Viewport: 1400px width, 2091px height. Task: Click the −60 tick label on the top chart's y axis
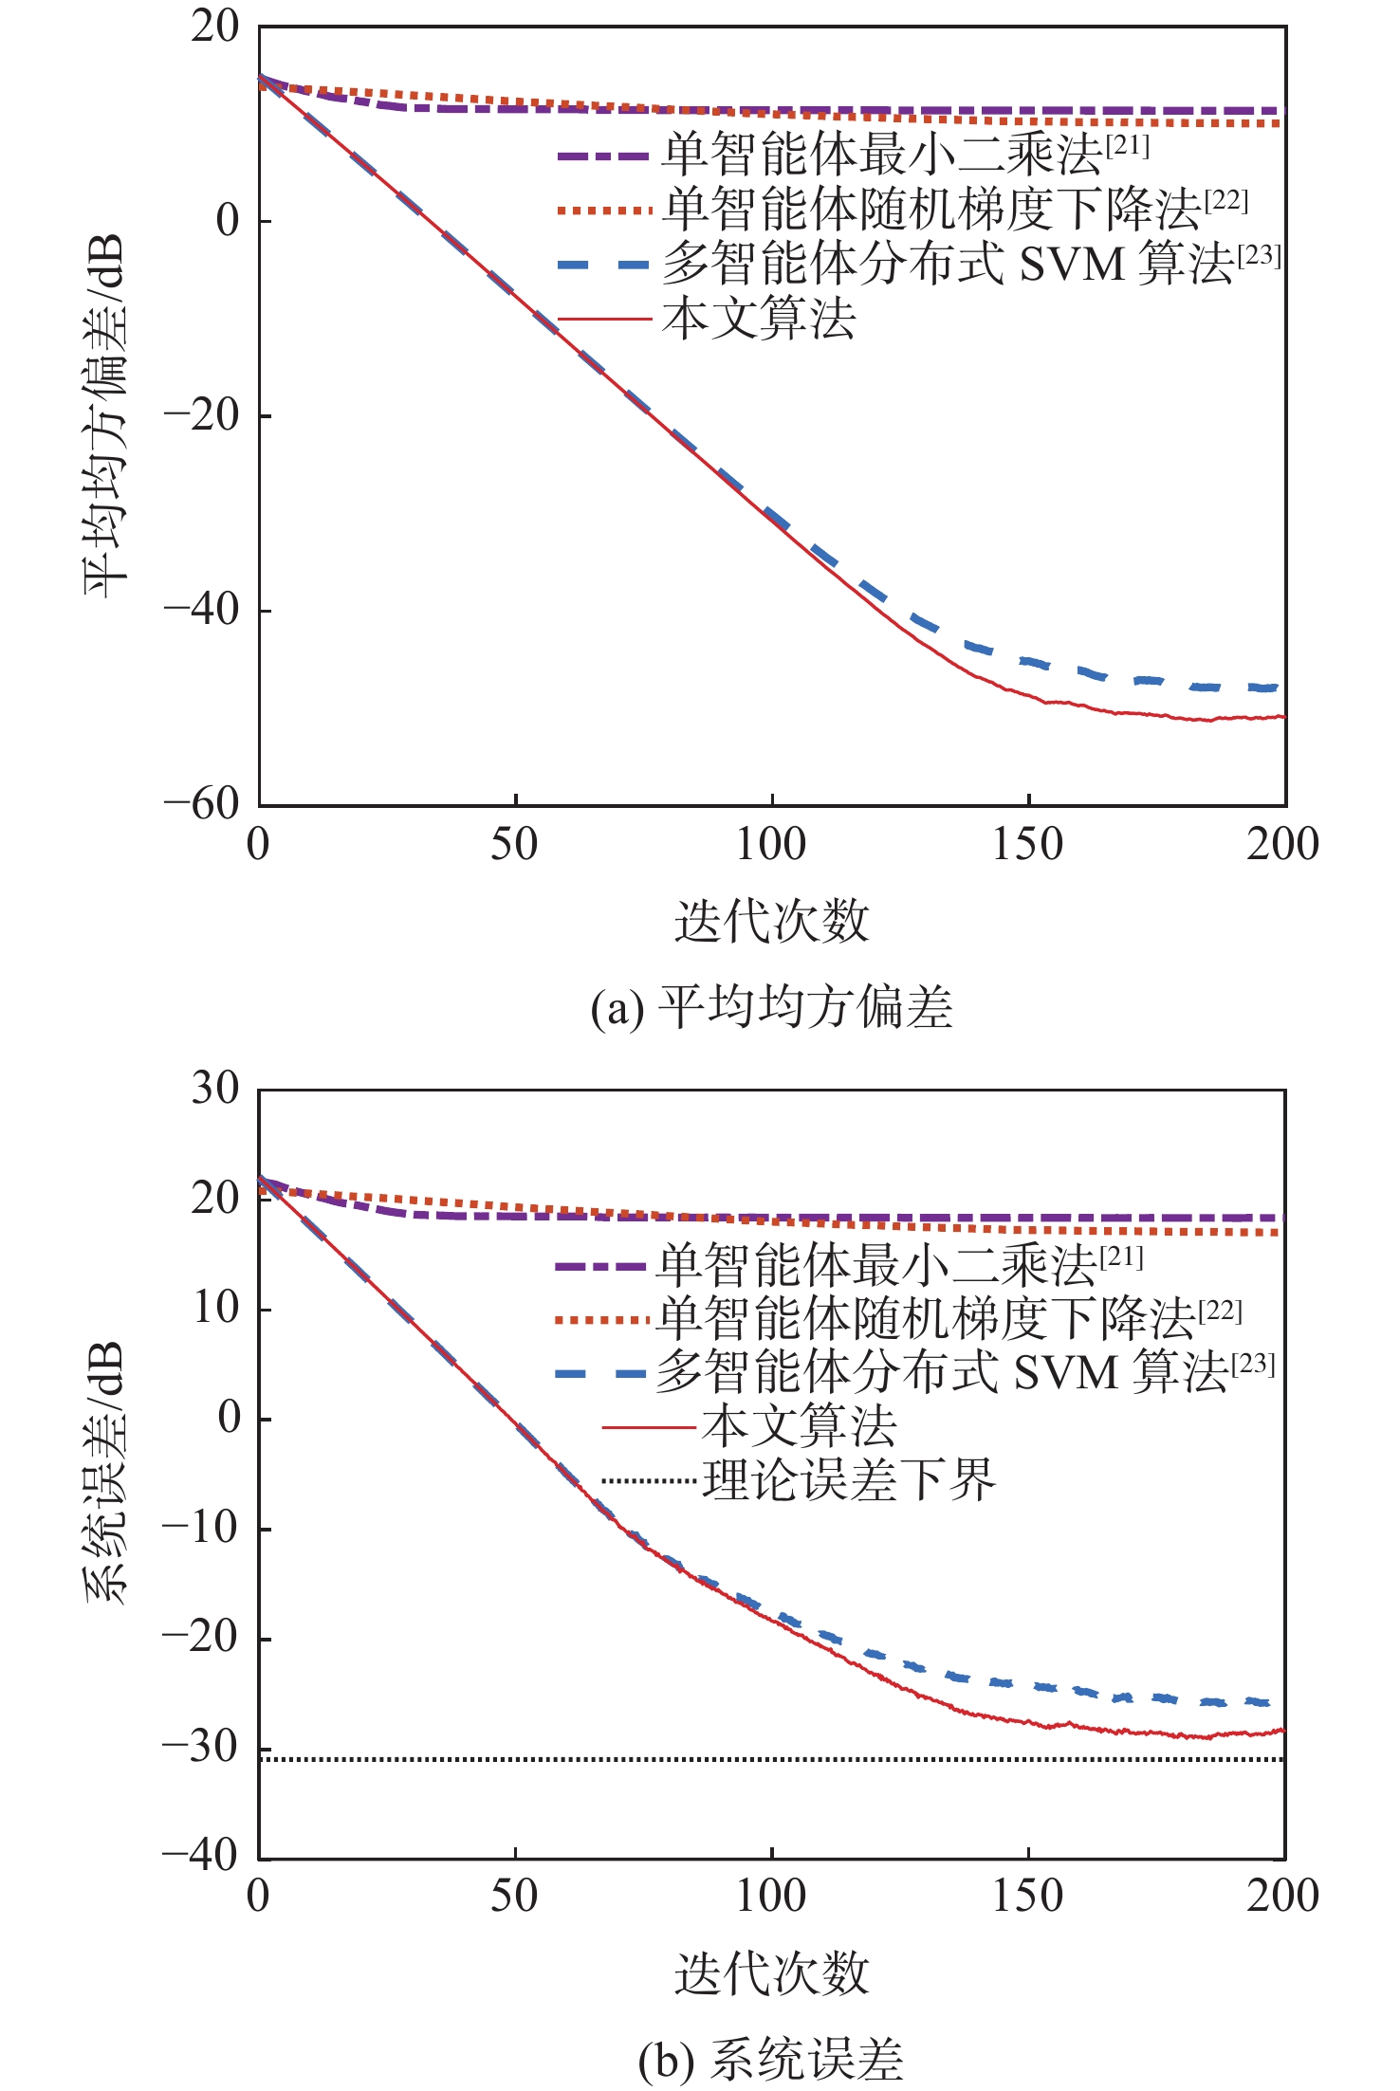pos(202,804)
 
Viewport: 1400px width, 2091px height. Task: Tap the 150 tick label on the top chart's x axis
pos(1027,845)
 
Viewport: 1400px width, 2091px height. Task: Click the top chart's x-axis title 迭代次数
pos(771,921)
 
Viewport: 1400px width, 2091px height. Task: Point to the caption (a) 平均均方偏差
pos(771,1007)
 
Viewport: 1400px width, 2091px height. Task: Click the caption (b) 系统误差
pos(771,2060)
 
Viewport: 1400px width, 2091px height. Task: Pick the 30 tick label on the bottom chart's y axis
pos(215,1089)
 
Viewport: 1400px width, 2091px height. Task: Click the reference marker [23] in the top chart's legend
pos(1259,255)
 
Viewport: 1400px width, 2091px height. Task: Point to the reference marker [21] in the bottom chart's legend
pos(1121,1257)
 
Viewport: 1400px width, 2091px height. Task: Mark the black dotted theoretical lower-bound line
pos(474,1759)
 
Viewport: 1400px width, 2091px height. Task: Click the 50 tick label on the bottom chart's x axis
pos(514,1896)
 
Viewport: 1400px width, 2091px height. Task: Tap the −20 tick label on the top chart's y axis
pos(202,415)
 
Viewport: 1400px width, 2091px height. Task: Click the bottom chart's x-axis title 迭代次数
pos(771,1972)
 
